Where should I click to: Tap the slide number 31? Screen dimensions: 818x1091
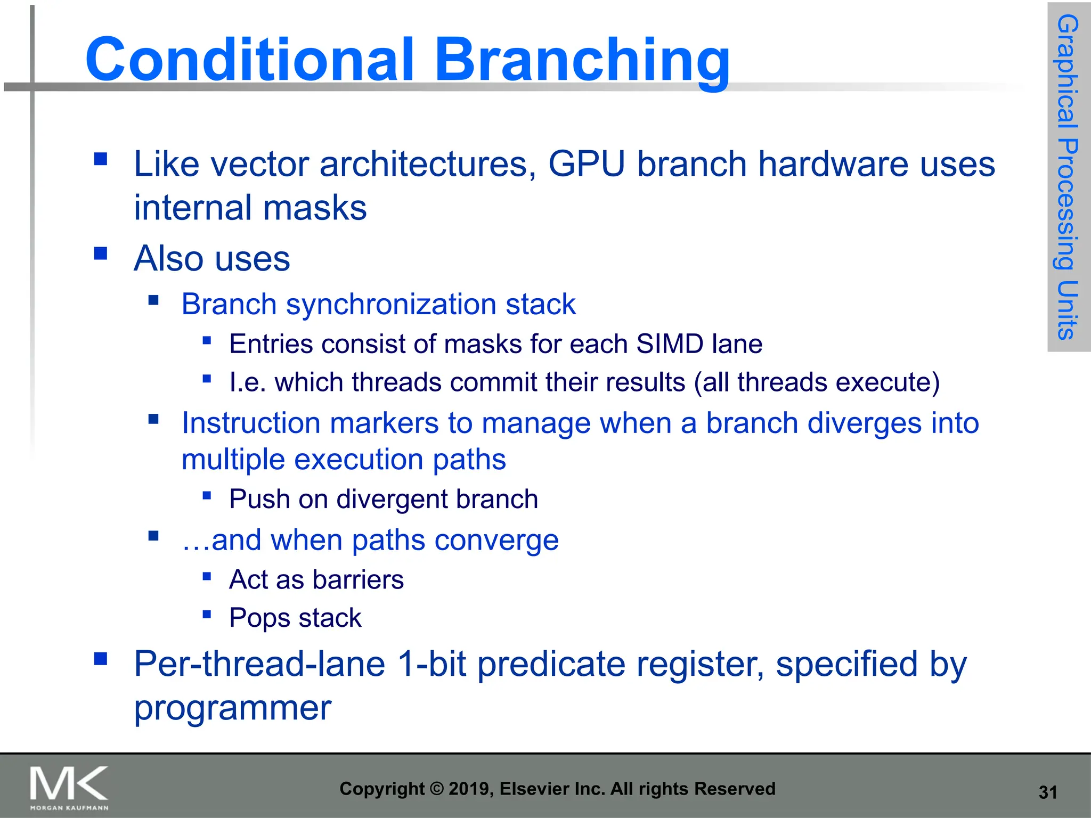click(x=1047, y=792)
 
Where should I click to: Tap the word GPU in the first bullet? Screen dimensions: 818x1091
click(x=587, y=163)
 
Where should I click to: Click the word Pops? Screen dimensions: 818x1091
click(x=259, y=618)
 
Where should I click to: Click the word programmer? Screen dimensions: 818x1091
click(x=232, y=708)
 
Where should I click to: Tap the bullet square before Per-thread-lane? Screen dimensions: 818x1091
click(x=101, y=659)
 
